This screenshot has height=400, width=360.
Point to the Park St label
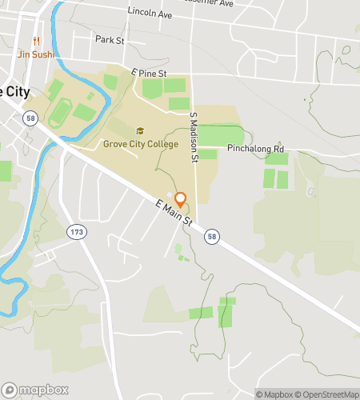[110, 39]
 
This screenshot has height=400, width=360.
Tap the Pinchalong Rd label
[255, 149]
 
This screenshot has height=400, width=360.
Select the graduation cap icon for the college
[141, 131]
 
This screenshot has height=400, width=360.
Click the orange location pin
[181, 200]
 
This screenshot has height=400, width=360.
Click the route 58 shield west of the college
[30, 118]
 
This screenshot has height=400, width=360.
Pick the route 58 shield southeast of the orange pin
[211, 237]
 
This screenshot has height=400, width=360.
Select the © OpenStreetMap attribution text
[328, 394]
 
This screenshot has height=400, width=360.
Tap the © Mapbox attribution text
[275, 394]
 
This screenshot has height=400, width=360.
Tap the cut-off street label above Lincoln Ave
[204, 3]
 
